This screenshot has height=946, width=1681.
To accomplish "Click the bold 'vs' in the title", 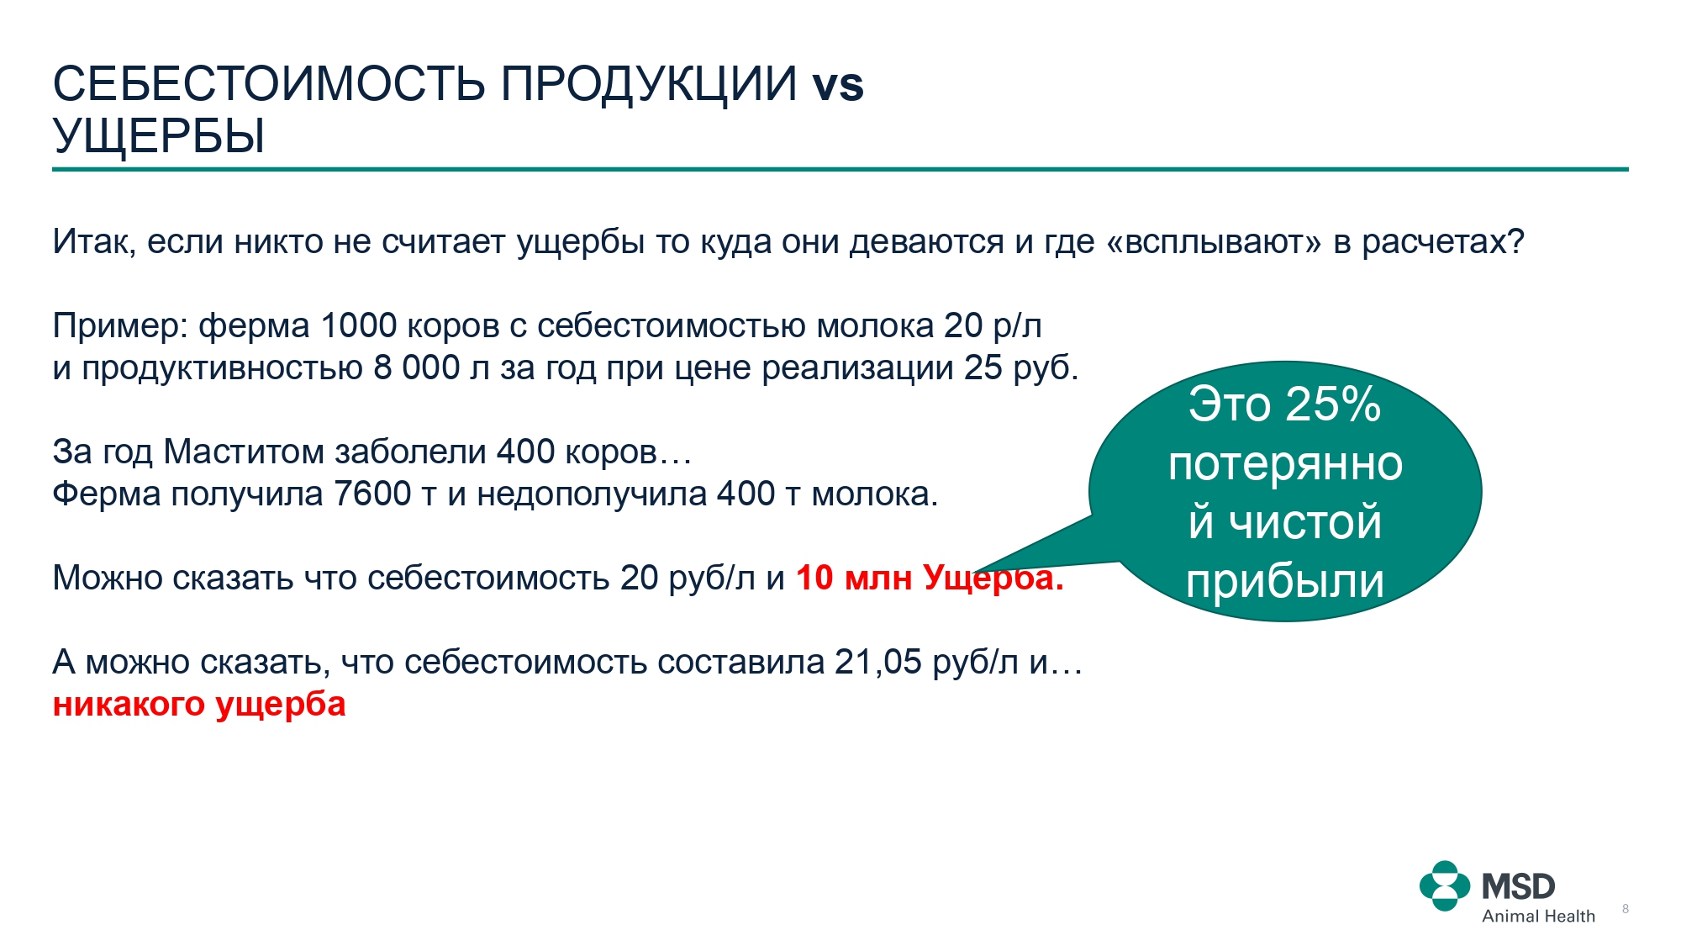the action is pyautogui.click(x=838, y=85).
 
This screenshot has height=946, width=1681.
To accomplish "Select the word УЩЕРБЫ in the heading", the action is pyautogui.click(x=159, y=135).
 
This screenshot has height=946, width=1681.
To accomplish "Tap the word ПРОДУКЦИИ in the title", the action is pyautogui.click(x=649, y=85).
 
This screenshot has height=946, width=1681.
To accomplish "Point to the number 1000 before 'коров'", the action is pyautogui.click(x=359, y=325).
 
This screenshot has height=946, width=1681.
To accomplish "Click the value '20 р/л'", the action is pyautogui.click(x=993, y=326).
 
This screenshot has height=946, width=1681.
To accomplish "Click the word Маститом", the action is pyautogui.click(x=244, y=452).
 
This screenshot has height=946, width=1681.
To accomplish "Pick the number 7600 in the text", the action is pyautogui.click(x=372, y=494).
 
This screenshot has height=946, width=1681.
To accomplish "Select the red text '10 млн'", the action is pyautogui.click(x=854, y=578).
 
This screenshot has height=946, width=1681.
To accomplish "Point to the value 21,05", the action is pyautogui.click(x=878, y=663).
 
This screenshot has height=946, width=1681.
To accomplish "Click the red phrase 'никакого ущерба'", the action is pyautogui.click(x=199, y=705).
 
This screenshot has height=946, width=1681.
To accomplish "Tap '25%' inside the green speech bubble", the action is pyautogui.click(x=1333, y=404).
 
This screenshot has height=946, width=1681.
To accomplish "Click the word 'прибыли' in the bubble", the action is pyautogui.click(x=1285, y=581).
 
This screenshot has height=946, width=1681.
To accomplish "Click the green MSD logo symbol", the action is pyautogui.click(x=1445, y=886).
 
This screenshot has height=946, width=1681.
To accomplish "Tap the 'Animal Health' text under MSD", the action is pyautogui.click(x=1538, y=917).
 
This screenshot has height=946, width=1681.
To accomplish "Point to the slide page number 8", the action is pyautogui.click(x=1626, y=909).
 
